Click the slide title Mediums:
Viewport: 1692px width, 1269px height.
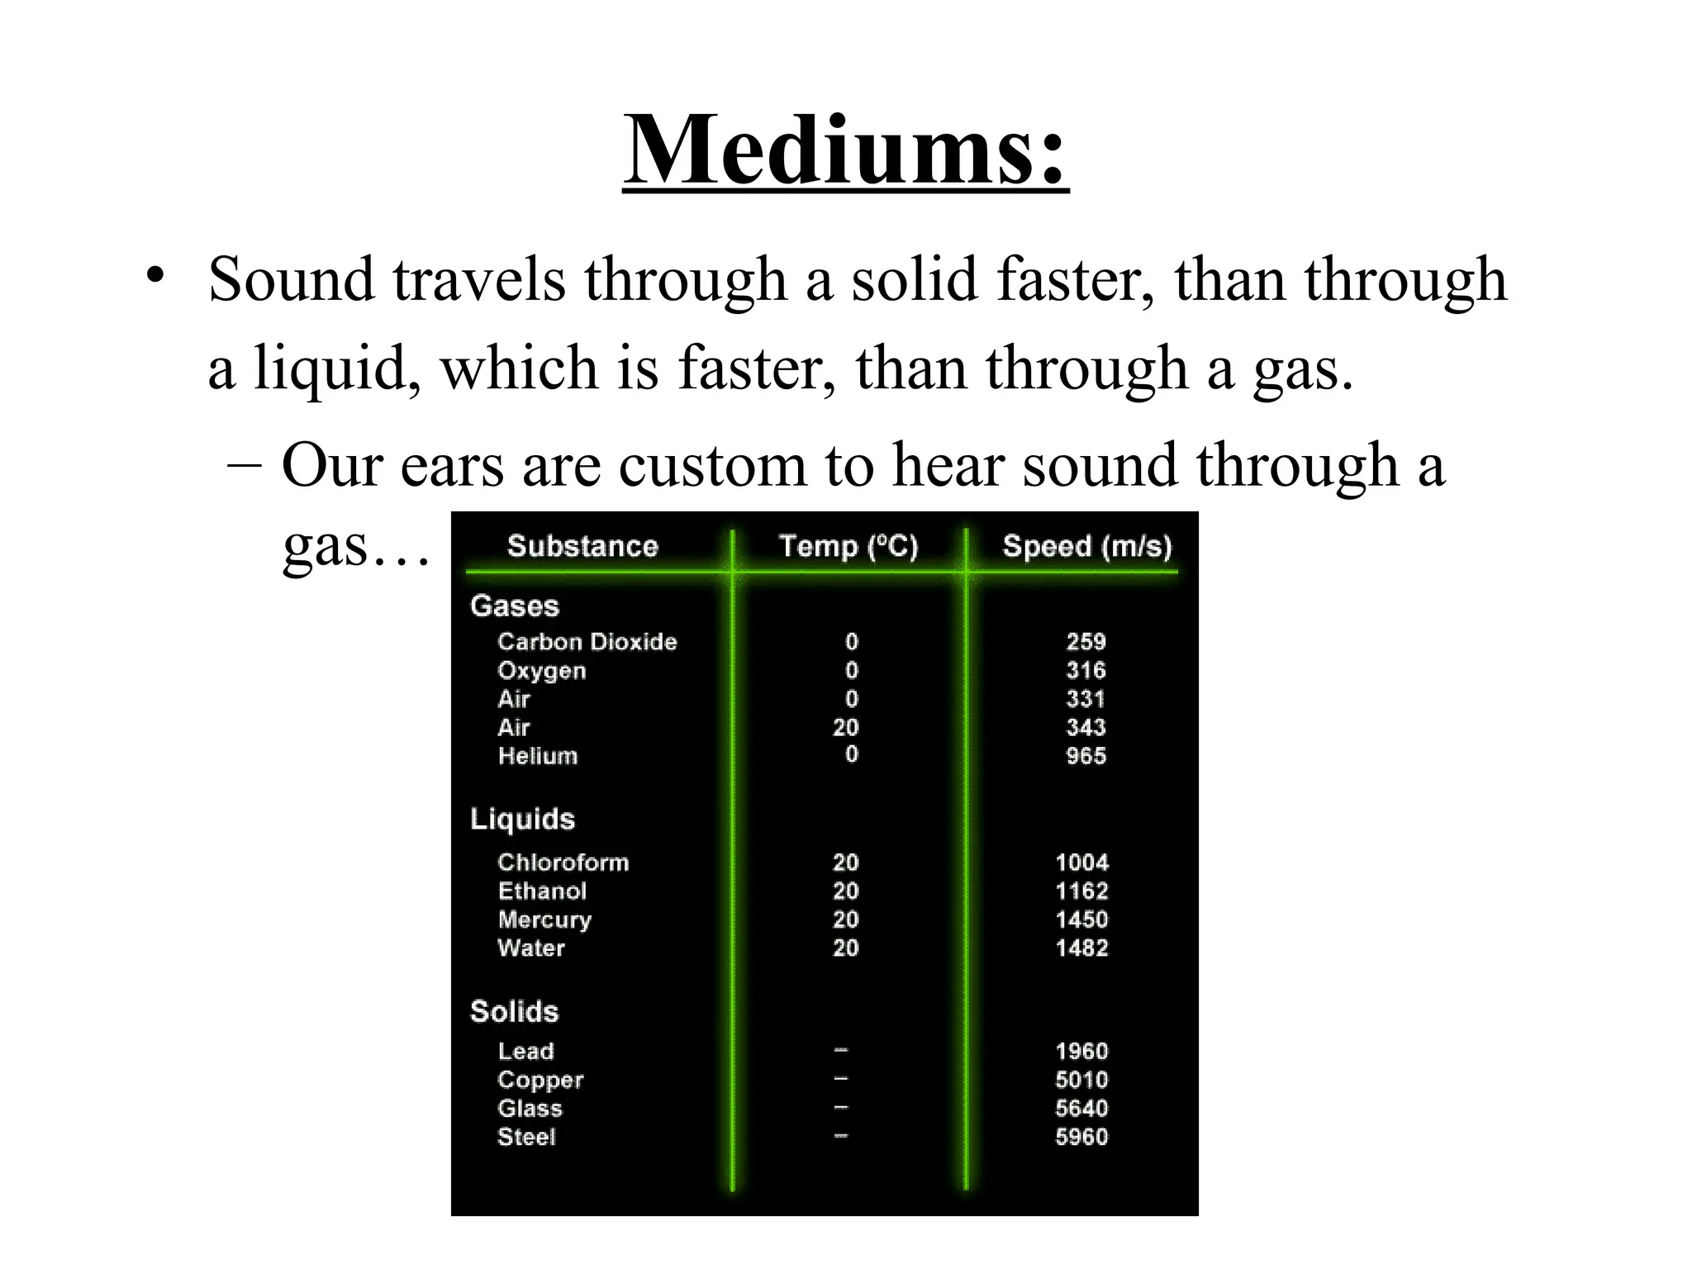pyautogui.click(x=845, y=150)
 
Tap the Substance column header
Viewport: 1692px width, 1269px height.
pyautogui.click(x=582, y=546)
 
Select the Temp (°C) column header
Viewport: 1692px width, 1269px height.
pyautogui.click(x=848, y=546)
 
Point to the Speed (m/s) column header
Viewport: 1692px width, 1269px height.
pyautogui.click(x=1087, y=546)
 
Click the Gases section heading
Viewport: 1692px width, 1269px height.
pyautogui.click(x=515, y=606)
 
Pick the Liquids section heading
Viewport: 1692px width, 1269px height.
pyautogui.click(x=522, y=819)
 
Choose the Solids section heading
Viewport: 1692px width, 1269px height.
pyautogui.click(x=514, y=1011)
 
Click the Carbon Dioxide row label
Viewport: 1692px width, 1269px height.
pyautogui.click(x=587, y=642)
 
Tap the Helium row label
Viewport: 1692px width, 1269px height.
pyautogui.click(x=538, y=756)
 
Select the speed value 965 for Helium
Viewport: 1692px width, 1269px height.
pyautogui.click(x=1086, y=756)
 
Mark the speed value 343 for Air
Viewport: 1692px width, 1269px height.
pyautogui.click(x=1086, y=727)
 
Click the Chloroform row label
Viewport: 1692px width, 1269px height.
pyautogui.click(x=563, y=863)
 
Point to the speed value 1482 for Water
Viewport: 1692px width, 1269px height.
pyautogui.click(x=1081, y=948)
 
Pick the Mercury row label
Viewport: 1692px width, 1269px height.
pyautogui.click(x=544, y=920)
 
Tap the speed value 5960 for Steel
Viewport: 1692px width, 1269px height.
pyautogui.click(x=1081, y=1137)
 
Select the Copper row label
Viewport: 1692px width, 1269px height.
pyautogui.click(x=540, y=1080)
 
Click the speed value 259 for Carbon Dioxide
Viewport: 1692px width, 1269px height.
pyautogui.click(x=1086, y=642)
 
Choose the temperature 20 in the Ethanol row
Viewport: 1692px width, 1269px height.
pyautogui.click(x=846, y=891)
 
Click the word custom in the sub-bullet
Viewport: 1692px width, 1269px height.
pyautogui.click(x=712, y=465)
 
